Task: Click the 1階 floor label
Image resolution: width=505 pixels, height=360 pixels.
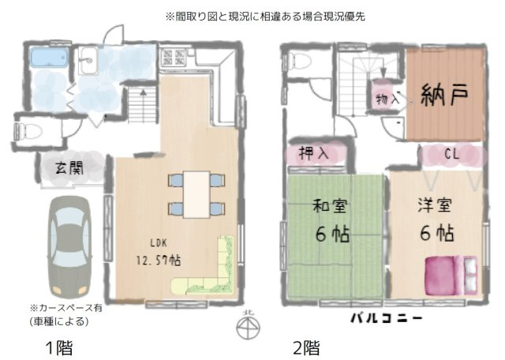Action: click(x=60, y=346)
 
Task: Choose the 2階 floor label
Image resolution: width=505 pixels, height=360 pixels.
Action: click(x=306, y=346)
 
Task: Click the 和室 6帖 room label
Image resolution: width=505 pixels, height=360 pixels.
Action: click(x=331, y=222)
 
